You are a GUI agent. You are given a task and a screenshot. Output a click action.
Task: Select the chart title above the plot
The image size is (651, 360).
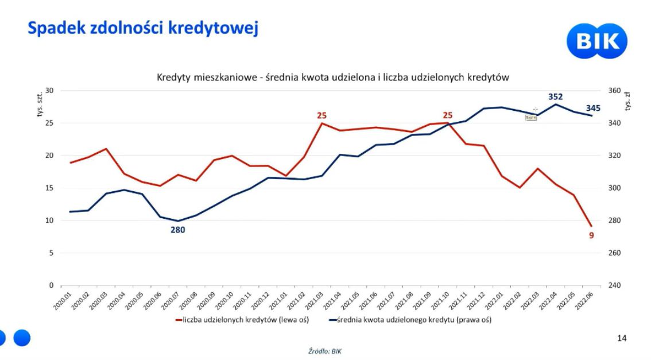point(333,78)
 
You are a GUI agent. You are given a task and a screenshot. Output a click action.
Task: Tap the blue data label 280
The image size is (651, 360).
point(177,230)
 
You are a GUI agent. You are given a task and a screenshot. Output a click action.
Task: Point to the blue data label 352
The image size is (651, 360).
point(554,96)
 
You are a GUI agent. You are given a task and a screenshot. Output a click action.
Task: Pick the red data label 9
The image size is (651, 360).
point(592,235)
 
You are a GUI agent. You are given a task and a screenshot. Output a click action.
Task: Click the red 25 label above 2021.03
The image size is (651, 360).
point(321,115)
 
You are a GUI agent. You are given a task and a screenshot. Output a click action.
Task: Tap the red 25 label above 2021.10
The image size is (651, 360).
point(447,115)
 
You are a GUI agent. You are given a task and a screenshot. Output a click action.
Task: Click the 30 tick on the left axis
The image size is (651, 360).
point(49,91)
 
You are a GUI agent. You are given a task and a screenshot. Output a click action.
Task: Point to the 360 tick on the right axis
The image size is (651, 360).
point(613,91)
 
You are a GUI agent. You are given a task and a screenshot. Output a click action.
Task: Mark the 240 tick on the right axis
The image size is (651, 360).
point(613,285)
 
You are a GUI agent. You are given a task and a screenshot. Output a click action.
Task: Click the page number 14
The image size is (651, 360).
point(622,339)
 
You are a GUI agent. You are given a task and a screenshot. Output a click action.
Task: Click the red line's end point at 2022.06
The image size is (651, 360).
point(591,226)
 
